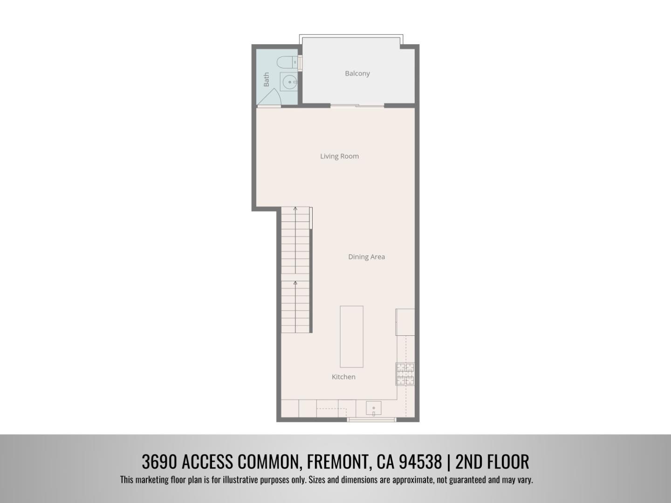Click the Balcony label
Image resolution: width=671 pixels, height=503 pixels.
click(x=357, y=73)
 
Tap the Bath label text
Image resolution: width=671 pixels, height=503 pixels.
click(x=267, y=79)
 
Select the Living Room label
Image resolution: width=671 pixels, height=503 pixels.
click(x=339, y=156)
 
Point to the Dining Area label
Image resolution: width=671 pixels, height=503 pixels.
click(x=366, y=257)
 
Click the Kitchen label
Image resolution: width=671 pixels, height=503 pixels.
click(x=343, y=377)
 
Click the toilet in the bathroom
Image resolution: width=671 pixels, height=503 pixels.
click(x=286, y=62)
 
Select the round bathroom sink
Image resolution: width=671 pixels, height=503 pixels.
click(x=289, y=82)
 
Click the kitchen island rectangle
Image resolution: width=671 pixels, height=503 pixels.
click(x=351, y=336)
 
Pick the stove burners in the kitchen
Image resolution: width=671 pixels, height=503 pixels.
click(x=405, y=374)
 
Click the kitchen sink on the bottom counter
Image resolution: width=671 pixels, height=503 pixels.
click(x=373, y=408)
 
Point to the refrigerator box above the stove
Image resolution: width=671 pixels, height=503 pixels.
click(x=405, y=322)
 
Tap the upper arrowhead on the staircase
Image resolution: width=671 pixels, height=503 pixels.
click(x=295, y=209)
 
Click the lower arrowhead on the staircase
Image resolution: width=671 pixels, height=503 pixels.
click(x=295, y=283)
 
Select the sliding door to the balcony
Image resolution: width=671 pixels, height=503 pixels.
click(x=357, y=106)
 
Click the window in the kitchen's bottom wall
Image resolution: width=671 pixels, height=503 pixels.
click(x=371, y=420)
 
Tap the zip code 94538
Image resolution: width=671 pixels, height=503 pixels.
click(x=420, y=462)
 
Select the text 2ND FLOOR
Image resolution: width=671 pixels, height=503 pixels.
click(x=492, y=462)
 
